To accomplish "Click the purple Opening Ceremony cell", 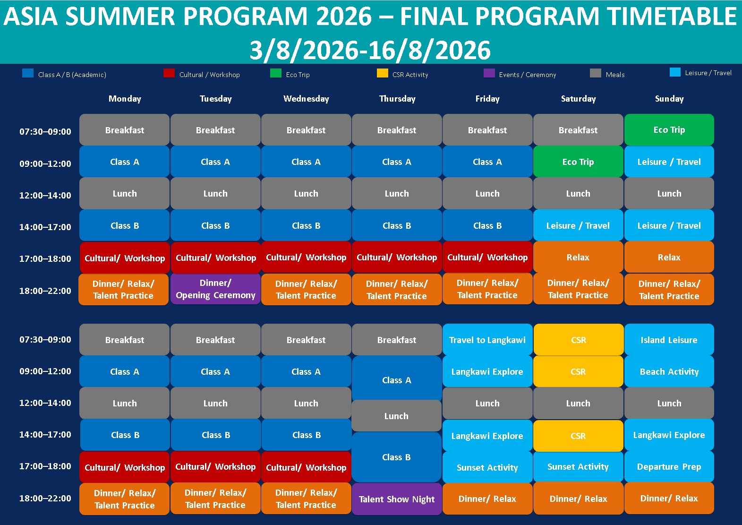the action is pyautogui.click(x=215, y=289).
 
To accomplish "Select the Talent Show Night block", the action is pyautogui.click(x=397, y=499).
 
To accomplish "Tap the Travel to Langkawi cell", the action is pyautogui.click(x=487, y=340).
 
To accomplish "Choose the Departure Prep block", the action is pyautogui.click(x=669, y=467).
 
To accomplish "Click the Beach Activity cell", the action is pyautogui.click(x=669, y=371).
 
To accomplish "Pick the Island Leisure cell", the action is pyautogui.click(x=669, y=340).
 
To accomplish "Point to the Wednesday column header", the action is pyautogui.click(x=306, y=98).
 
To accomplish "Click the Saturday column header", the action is pyautogui.click(x=579, y=98).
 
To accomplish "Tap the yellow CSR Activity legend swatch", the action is pyautogui.click(x=382, y=73).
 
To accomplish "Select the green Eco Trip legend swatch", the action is pyautogui.click(x=276, y=73).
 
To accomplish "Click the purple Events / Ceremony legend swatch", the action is pyautogui.click(x=489, y=73).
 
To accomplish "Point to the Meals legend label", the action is pyautogui.click(x=615, y=75).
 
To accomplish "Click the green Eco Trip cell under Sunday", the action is pyautogui.click(x=669, y=129).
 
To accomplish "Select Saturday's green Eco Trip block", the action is pyautogui.click(x=578, y=162).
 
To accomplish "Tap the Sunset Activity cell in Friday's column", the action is pyautogui.click(x=487, y=467).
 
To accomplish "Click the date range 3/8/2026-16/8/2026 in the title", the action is pyautogui.click(x=370, y=50).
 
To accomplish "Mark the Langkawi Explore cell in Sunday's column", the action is pyautogui.click(x=669, y=435).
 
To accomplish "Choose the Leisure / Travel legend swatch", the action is pyautogui.click(x=675, y=72).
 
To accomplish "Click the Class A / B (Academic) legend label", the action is pyautogui.click(x=72, y=75).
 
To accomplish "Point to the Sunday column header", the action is pyautogui.click(x=669, y=98).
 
